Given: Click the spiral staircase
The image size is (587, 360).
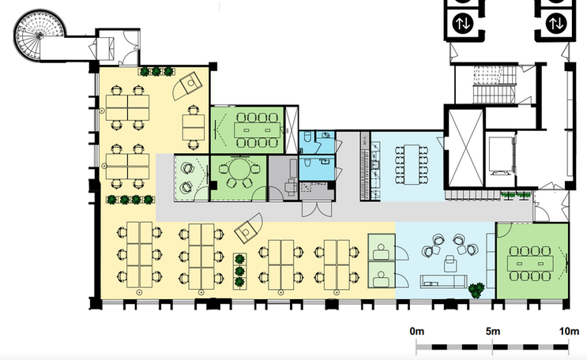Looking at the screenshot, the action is pos(40,36).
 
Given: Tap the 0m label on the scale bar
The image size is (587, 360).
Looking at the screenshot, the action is pos(416,332).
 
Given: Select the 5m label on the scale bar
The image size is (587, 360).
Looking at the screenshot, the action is pos(493,332).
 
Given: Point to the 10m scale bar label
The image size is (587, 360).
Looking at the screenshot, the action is pos(569,332).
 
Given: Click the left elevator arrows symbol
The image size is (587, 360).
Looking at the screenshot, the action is pos(463,24).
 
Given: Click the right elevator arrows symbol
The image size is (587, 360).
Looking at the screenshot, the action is pos(556,24).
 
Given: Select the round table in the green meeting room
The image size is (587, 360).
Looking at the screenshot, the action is pos(239,169).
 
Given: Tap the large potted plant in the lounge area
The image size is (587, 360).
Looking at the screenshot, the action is pos(476,291).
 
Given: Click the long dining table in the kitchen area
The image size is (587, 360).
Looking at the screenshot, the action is pos(412,164).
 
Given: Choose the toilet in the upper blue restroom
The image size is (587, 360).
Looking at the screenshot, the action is pos(307,138).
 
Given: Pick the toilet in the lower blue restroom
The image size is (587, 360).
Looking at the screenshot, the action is pos(307,163).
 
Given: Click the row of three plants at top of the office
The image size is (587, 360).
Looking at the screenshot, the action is pos(156,71).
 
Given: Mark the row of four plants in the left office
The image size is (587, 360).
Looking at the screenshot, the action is pos(130,200).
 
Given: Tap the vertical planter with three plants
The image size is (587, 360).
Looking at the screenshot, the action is pos(239,272).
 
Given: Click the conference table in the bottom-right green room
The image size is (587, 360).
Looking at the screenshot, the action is pos(530,264).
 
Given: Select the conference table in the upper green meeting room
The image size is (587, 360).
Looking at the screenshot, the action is pos(257,130).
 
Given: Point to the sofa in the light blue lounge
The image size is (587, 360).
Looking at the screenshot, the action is pos(443,281).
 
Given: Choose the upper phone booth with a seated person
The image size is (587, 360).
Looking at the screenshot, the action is pos(382,247).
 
